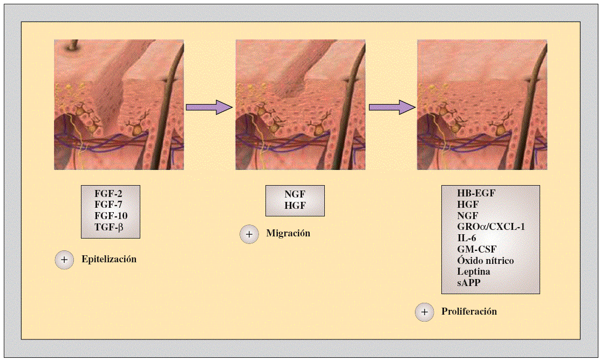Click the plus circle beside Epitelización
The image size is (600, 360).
pyautogui.click(x=64, y=260)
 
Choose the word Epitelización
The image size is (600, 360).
pyautogui.click(x=109, y=259)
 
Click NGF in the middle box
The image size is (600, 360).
pyautogui.click(x=295, y=195)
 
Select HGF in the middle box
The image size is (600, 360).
pyautogui.click(x=295, y=206)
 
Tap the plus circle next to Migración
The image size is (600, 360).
pyautogui.click(x=249, y=234)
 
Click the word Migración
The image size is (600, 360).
pyautogui.click(x=288, y=234)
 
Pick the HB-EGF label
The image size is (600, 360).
pyautogui.click(x=476, y=193)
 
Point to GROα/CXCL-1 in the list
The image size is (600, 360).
pyautogui.click(x=490, y=227)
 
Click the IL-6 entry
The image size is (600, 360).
pyautogui.click(x=467, y=238)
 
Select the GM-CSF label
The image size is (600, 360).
pyautogui.click(x=477, y=249)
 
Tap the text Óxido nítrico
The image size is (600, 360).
pyautogui.click(x=485, y=261)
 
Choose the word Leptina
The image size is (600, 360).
pyautogui.click(x=474, y=271)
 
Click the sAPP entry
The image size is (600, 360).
pyautogui.click(x=469, y=283)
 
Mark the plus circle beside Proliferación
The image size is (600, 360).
pyautogui.click(x=425, y=312)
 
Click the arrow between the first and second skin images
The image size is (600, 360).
pyautogui.click(x=208, y=107)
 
